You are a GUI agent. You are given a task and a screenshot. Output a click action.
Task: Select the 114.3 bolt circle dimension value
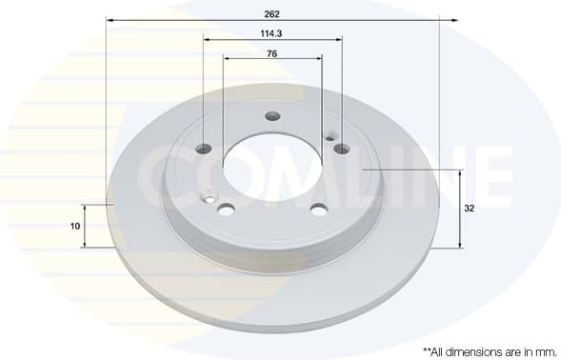pyautogui.click(x=272, y=32)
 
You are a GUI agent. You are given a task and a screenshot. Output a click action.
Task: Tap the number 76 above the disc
pyautogui.click(x=272, y=53)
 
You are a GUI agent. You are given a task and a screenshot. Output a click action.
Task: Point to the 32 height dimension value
pyautogui.click(x=470, y=208)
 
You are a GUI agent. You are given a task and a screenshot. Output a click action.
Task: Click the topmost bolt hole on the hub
pyautogui.click(x=272, y=116)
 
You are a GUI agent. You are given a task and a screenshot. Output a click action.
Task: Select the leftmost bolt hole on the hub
pyautogui.click(x=204, y=149)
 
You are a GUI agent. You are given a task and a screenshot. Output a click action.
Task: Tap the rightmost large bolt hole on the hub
pyautogui.click(x=341, y=149)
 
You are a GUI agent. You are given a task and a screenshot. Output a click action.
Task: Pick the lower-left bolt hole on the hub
pyautogui.click(x=227, y=209)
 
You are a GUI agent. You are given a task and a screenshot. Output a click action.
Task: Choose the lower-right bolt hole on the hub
pyautogui.click(x=319, y=209)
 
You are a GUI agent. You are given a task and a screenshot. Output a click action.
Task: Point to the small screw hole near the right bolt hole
pyautogui.click(x=331, y=137)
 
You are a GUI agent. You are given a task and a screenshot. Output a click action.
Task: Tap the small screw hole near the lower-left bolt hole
pyautogui.click(x=210, y=198)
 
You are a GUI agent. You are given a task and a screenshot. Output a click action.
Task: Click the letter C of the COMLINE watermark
pyautogui.click(x=159, y=173)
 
